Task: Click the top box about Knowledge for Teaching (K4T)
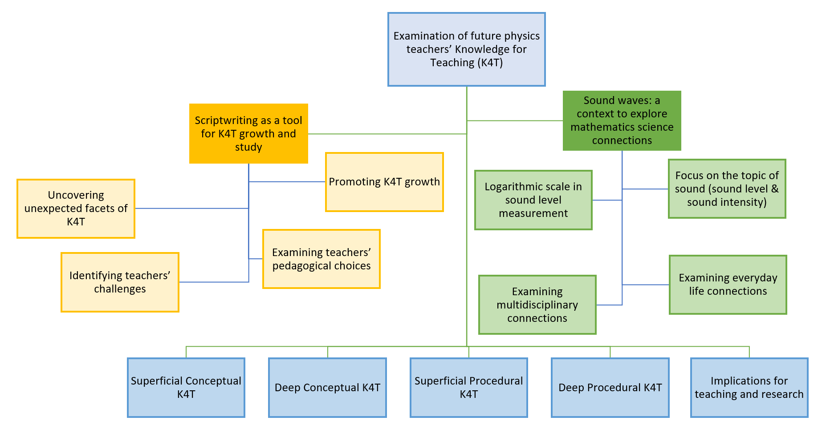point(466,49)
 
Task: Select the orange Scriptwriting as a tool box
point(248,133)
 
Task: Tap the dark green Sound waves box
point(622,120)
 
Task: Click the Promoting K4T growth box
point(384,182)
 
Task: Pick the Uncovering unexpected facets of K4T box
point(76,208)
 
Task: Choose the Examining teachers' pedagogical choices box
point(321,259)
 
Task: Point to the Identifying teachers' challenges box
point(120,282)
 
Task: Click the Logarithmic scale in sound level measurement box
point(533,200)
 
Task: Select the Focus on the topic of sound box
point(727,189)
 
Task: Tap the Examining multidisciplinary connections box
point(537,305)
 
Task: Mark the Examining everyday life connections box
point(728,285)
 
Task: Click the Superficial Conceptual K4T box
point(186,388)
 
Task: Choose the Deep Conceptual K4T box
point(327,388)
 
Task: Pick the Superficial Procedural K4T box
point(468,388)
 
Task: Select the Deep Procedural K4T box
point(610,388)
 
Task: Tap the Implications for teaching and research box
point(749,388)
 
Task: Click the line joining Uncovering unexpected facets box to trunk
point(191,208)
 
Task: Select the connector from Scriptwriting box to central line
point(387,134)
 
